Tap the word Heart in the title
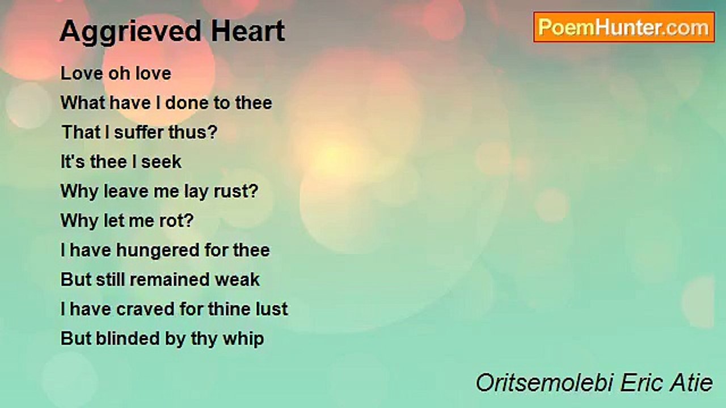point(248,31)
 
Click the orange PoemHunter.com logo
point(624,27)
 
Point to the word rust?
point(236,191)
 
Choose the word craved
point(145,309)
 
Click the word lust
point(272,309)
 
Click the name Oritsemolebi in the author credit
point(545,382)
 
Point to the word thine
point(229,309)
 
